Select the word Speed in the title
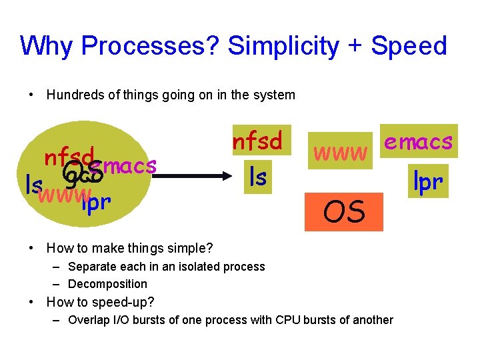click(x=409, y=46)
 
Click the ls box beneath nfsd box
click(x=257, y=177)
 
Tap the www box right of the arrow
click(x=340, y=153)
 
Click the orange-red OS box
click(x=344, y=212)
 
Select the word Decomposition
click(x=107, y=284)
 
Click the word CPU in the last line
click(x=283, y=320)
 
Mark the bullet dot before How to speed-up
click(x=31, y=302)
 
